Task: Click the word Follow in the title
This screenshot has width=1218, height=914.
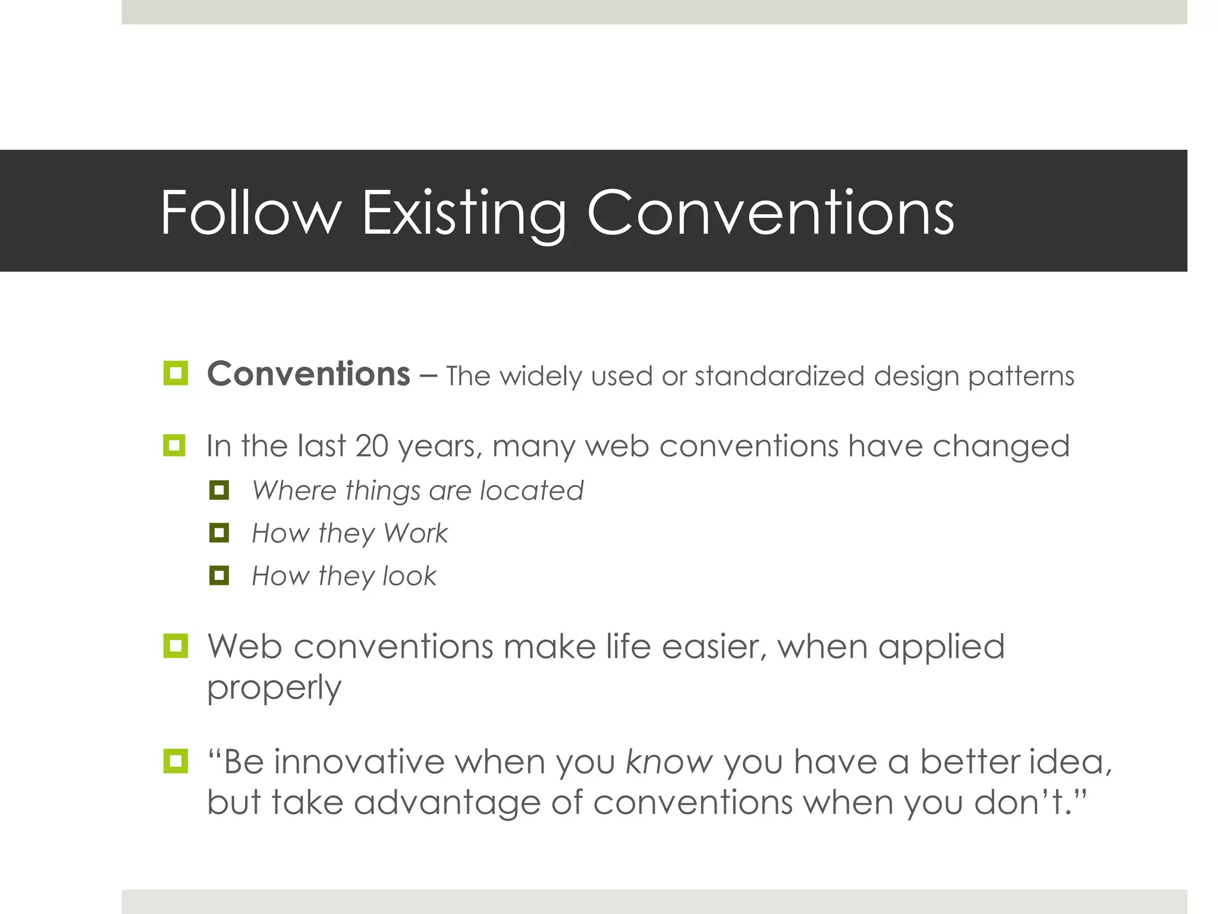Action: click(250, 212)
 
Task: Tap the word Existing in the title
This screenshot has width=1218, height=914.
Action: click(464, 212)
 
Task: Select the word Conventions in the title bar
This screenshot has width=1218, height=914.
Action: click(770, 212)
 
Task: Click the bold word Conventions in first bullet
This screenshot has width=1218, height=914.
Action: click(308, 374)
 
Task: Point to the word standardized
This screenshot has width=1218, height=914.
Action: click(779, 376)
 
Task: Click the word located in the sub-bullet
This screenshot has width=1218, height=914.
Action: click(531, 491)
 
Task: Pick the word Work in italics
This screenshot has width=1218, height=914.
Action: click(415, 533)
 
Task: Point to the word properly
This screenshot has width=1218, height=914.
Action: click(274, 688)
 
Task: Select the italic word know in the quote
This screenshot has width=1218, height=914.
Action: click(669, 762)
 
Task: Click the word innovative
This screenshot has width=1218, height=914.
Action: click(359, 762)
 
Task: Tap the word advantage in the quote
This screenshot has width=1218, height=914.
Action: click(447, 803)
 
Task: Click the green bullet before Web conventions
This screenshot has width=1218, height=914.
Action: click(175, 646)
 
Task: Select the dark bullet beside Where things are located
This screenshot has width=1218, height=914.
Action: click(219, 490)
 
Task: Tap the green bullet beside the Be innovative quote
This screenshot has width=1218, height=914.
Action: click(175, 761)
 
